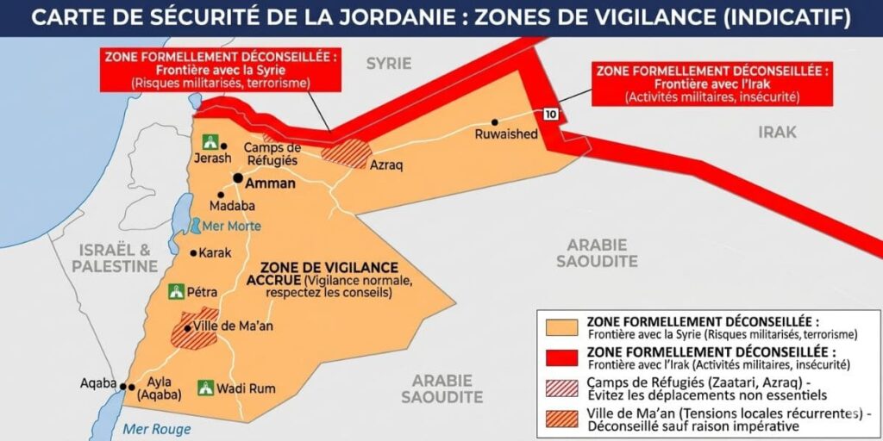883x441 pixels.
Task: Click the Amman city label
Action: (271, 183)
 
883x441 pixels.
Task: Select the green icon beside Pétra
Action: (178, 292)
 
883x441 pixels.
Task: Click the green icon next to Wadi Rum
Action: (206, 388)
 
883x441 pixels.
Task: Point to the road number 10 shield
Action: (549, 114)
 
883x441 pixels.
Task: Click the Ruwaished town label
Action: (506, 134)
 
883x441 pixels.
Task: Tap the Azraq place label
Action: (386, 165)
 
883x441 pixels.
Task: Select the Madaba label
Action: (233, 206)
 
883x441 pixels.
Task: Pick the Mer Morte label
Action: (231, 227)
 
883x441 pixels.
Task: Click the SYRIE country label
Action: (389, 63)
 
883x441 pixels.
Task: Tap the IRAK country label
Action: (777, 132)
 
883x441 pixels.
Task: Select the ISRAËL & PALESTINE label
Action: (115, 258)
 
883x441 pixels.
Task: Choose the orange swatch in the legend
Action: (562, 328)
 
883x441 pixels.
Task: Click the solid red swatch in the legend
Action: (562, 357)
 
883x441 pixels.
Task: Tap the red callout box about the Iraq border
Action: (712, 83)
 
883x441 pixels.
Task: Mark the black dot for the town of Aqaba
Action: (123, 387)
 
